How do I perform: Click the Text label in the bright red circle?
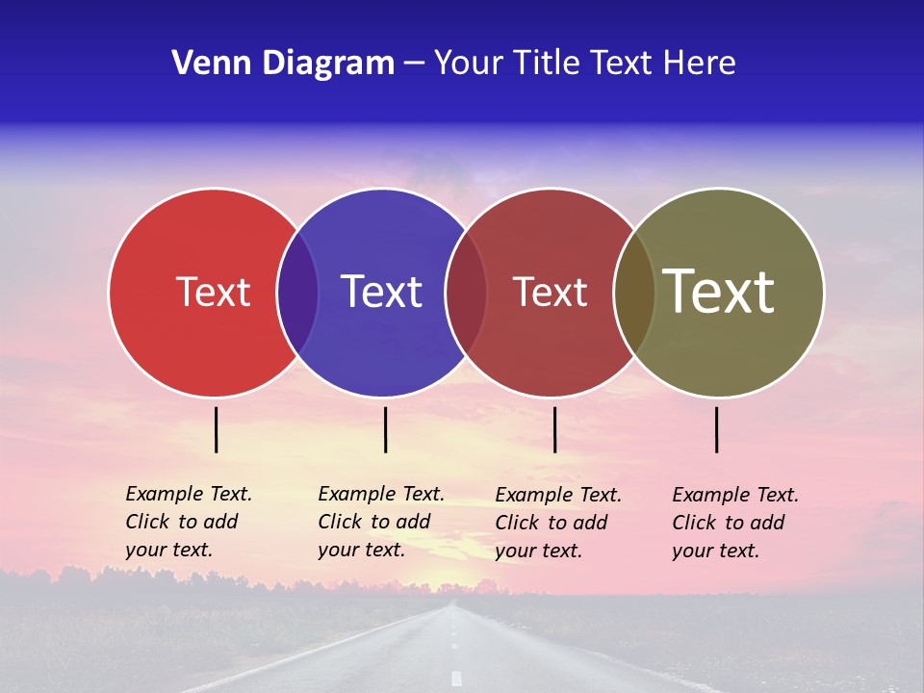point(213,292)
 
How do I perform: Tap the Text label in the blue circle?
point(381,292)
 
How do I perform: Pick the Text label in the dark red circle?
point(550,292)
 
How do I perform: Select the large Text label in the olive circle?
point(718,291)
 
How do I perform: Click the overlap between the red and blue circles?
point(297,293)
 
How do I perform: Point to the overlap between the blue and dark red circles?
point(466,293)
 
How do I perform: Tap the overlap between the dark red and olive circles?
point(634,293)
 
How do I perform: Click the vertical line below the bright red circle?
point(217,429)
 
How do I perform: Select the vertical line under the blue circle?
point(385,429)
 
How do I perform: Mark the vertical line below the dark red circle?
point(554,429)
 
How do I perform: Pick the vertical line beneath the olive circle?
point(717,429)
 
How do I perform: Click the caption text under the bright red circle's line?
point(188,522)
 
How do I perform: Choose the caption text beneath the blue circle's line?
point(380,522)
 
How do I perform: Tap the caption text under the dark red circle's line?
point(557,523)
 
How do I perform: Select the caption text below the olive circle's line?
point(734,523)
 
